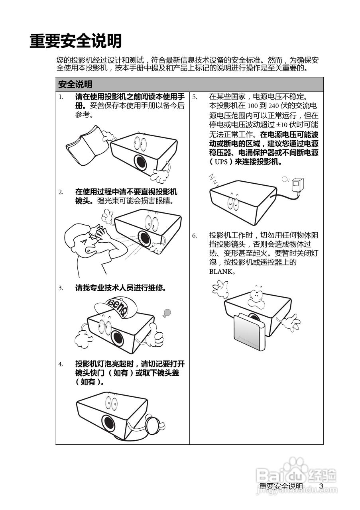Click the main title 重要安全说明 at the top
(x=75, y=41)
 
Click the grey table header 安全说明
(x=75, y=84)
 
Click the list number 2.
(x=61, y=192)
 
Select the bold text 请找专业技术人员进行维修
(x=121, y=288)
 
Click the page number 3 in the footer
(x=321, y=486)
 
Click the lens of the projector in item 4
(x=109, y=422)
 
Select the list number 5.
(x=195, y=97)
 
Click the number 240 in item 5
(x=273, y=106)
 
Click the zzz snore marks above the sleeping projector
(x=214, y=179)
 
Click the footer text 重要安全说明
(x=281, y=486)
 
